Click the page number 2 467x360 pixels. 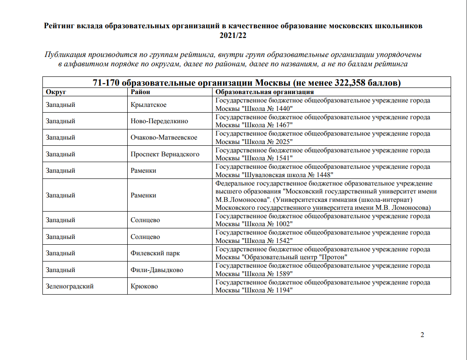[x=422, y=335]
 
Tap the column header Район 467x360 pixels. [x=140, y=92]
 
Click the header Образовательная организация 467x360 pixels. [x=264, y=92]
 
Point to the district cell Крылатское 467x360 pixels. [x=148, y=105]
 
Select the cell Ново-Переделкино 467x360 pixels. [x=159, y=121]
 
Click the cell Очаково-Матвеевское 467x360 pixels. [x=164, y=137]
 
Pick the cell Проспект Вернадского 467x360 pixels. [x=165, y=154]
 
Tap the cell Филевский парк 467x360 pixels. [x=155, y=253]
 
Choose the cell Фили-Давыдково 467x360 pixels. [x=157, y=270]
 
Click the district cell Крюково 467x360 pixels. [x=144, y=286]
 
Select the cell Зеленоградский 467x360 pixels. [x=69, y=286]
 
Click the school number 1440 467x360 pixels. [x=283, y=109]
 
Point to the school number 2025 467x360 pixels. [x=283, y=142]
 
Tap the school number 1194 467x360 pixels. [x=283, y=290]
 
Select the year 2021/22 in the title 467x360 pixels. [x=233, y=36]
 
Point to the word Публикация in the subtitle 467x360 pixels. [x=65, y=55]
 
